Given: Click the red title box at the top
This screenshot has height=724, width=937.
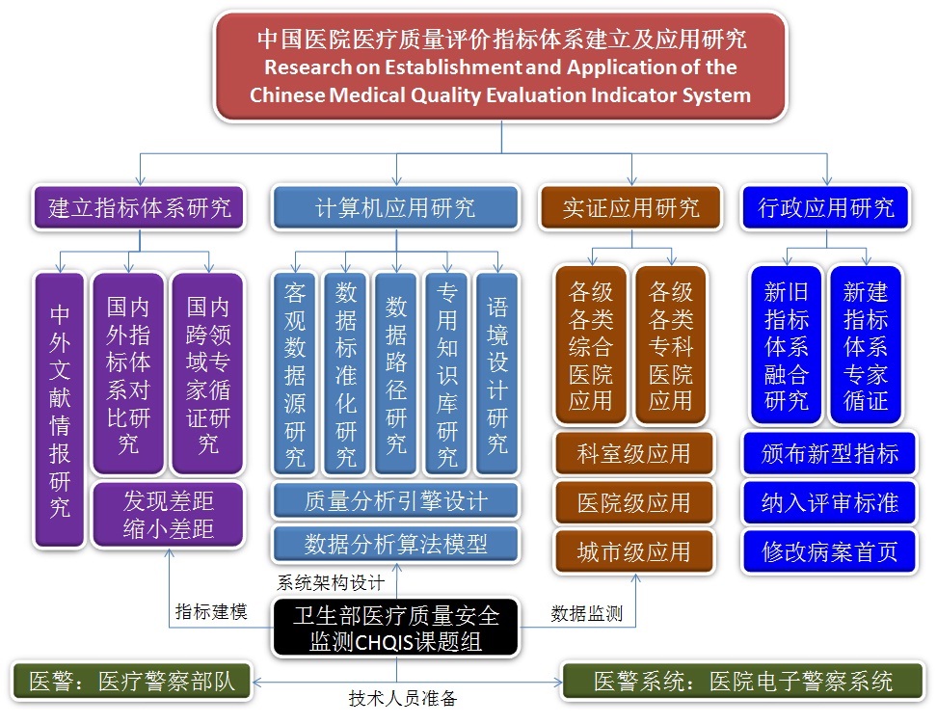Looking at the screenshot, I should [x=500, y=67].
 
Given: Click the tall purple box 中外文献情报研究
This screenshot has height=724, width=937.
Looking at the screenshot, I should [x=60, y=410].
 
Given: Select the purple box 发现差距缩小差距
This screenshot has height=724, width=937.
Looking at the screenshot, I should [x=168, y=515].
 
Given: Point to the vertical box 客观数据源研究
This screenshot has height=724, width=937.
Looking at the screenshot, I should [x=295, y=373].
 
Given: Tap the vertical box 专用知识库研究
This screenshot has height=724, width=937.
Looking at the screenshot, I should [x=446, y=373].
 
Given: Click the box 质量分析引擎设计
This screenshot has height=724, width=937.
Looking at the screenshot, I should [x=395, y=501].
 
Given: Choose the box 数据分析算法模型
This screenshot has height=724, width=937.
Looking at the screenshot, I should [x=395, y=545].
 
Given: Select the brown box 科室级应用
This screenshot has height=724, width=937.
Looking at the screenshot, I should [x=633, y=453].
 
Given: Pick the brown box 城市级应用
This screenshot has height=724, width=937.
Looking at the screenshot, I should [x=633, y=551].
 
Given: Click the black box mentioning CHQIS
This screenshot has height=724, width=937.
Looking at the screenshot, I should [x=395, y=627].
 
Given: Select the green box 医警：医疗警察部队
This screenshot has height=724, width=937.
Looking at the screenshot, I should [x=131, y=681].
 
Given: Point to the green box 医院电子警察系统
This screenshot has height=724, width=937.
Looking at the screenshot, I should [x=742, y=681].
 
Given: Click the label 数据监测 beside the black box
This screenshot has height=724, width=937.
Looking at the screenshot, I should [x=586, y=612].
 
